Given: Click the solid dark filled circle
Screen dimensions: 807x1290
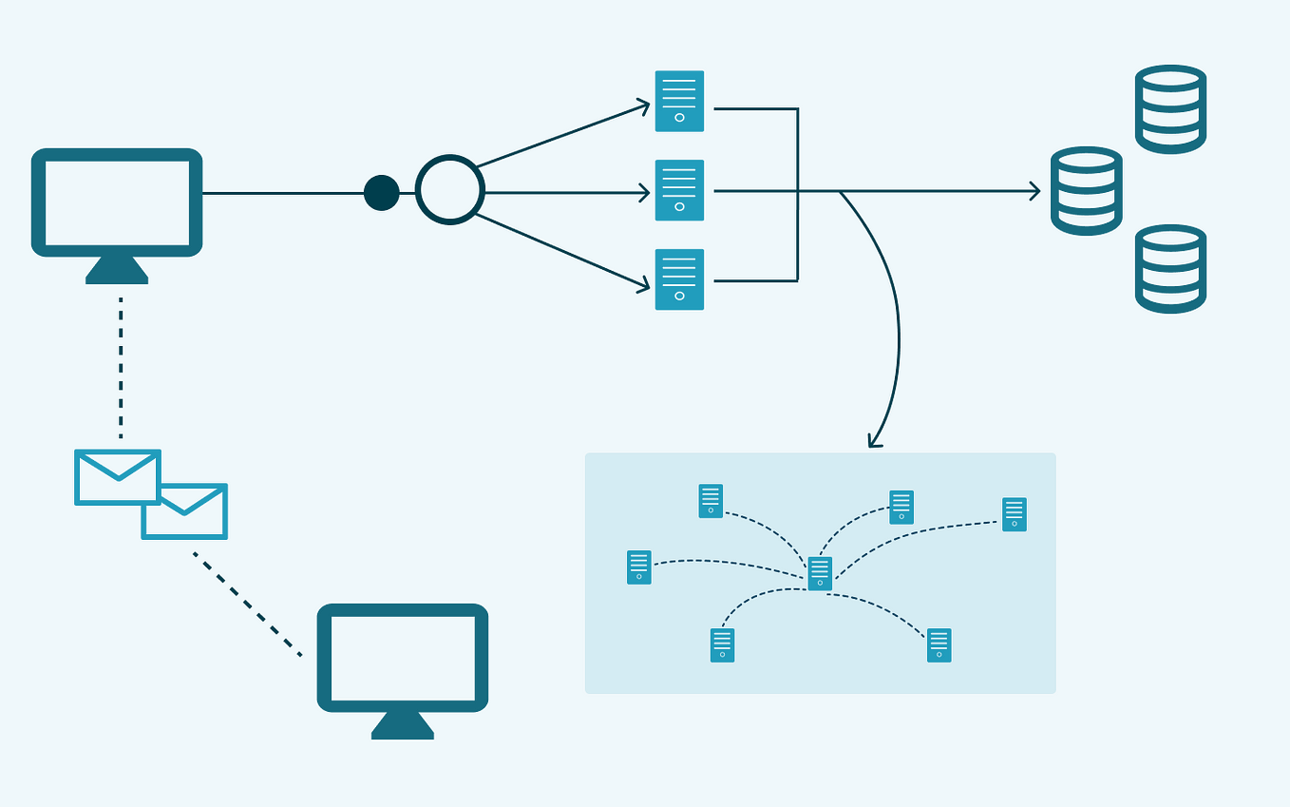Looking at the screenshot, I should [x=382, y=193].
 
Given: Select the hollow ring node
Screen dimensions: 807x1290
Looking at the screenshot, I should [x=450, y=190].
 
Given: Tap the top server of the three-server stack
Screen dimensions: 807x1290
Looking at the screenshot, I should [x=679, y=101].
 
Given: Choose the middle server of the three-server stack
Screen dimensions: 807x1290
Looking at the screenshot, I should [x=679, y=190].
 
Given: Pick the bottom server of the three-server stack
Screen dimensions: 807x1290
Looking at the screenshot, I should [x=679, y=279].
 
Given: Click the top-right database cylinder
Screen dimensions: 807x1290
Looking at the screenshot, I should [x=1170, y=109].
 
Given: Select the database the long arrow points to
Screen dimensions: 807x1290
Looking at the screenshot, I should [x=1086, y=191].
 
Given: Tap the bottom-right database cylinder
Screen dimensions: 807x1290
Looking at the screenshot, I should [x=1170, y=269].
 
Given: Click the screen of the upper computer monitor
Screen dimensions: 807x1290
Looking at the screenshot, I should [x=117, y=202].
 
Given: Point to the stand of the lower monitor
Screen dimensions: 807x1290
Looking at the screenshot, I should [x=403, y=726].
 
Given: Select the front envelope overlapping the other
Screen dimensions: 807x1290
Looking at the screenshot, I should [x=118, y=477].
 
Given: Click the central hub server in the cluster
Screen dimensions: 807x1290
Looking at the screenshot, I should [x=820, y=574].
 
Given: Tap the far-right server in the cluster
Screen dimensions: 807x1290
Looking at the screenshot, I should [x=1014, y=514].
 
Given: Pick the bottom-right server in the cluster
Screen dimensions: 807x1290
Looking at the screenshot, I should [x=939, y=645].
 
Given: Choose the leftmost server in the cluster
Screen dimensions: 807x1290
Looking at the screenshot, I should [x=639, y=567].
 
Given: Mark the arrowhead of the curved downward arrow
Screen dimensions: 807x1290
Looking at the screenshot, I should [x=874, y=441].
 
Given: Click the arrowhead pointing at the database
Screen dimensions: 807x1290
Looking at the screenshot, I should [x=1035, y=191].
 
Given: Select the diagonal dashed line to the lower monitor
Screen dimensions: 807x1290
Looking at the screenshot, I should [x=247, y=604].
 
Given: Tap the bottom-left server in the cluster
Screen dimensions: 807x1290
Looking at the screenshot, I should [x=722, y=645].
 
